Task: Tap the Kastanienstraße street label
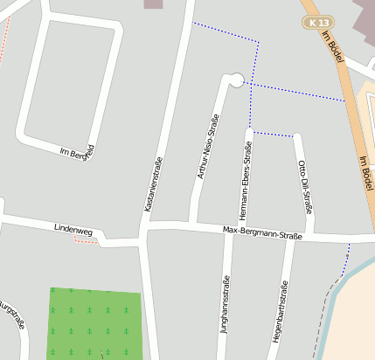[x=153, y=184]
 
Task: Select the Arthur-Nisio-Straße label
[x=207, y=147]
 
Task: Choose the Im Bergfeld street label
[x=76, y=152]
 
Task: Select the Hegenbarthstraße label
[x=280, y=320]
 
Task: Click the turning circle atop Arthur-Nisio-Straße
[x=235, y=80]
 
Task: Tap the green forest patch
[x=94, y=322]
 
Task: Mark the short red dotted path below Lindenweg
[x=86, y=241]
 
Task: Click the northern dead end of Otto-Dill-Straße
[x=297, y=137]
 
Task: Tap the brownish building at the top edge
[x=153, y=3]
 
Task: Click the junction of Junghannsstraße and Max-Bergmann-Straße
[x=229, y=232]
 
